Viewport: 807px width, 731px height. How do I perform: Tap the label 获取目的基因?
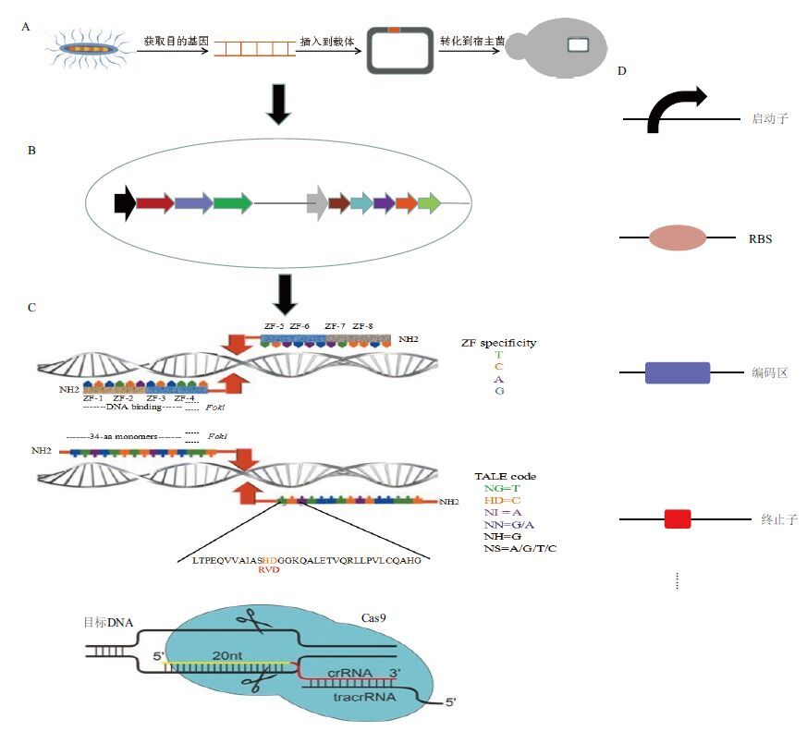click(x=176, y=43)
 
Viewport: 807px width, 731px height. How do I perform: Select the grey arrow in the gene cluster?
click(x=317, y=202)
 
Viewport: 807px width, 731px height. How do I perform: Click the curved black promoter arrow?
click(x=676, y=110)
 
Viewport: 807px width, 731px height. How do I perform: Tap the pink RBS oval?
click(x=677, y=238)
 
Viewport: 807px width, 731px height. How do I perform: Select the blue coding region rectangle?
click(x=677, y=372)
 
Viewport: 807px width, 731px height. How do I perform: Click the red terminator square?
click(x=678, y=518)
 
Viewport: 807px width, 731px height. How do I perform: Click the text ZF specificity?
click(x=498, y=343)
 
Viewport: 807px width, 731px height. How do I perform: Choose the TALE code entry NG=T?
click(x=502, y=489)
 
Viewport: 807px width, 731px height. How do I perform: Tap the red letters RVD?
click(x=269, y=570)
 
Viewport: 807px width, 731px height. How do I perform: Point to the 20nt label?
click(x=229, y=654)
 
